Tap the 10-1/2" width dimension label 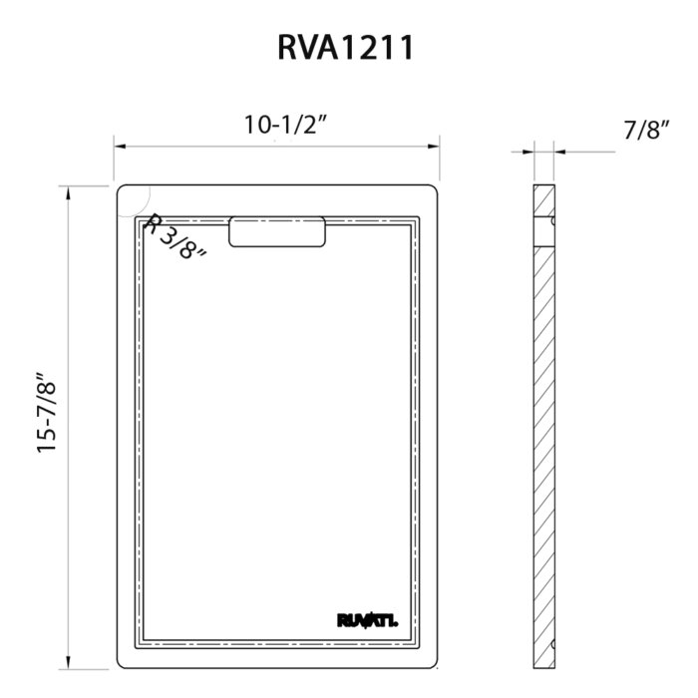tap(287, 126)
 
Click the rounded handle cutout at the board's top tap(277, 230)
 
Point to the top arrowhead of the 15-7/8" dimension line tap(68, 192)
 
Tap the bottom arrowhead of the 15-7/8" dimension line tap(68, 663)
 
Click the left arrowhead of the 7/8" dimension tap(527, 153)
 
